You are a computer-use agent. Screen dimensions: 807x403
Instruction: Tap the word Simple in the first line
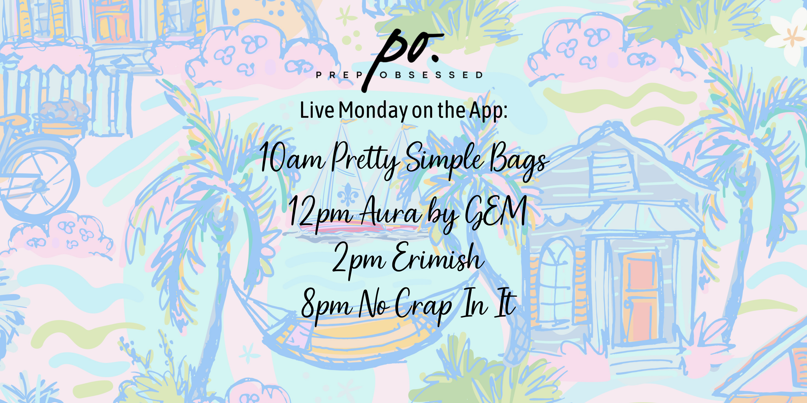pos(445,159)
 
